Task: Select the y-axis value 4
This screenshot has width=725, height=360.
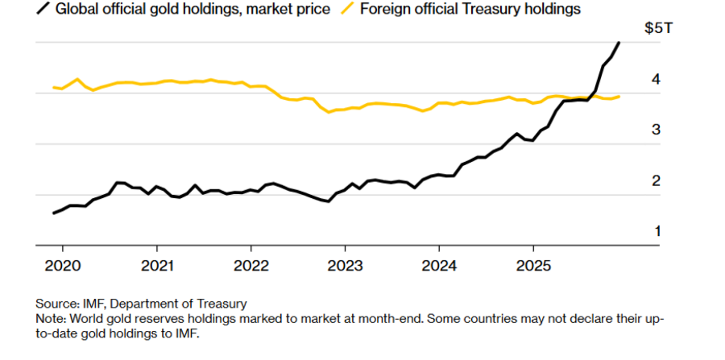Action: tap(657, 79)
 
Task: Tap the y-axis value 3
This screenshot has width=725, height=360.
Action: tap(657, 130)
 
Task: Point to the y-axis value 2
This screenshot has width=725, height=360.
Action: tap(657, 180)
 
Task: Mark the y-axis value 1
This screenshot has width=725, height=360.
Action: tap(657, 231)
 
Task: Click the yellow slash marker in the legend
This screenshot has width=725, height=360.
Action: tap(348, 9)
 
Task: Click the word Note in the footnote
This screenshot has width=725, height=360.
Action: tap(50, 318)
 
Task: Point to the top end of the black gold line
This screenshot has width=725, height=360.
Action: tap(619, 43)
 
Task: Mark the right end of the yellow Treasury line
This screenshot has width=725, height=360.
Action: tap(619, 97)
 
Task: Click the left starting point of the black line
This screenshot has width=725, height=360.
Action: tap(53, 213)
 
